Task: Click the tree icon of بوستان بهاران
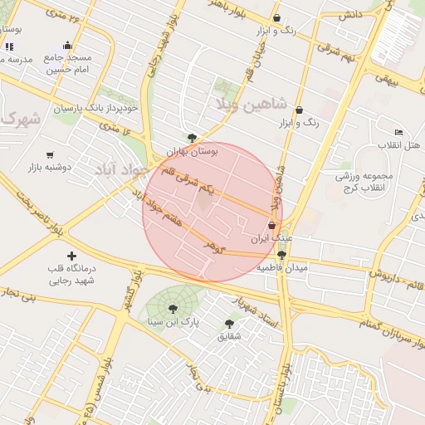[193, 138]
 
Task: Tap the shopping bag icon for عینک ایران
[271, 226]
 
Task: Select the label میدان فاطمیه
[282, 268]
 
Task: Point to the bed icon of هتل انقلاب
[398, 133]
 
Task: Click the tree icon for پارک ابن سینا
[173, 308]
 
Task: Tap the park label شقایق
[228, 336]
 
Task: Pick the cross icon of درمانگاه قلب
[72, 256]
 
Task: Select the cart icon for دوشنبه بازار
[50, 154]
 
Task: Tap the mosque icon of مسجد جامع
[67, 46]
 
